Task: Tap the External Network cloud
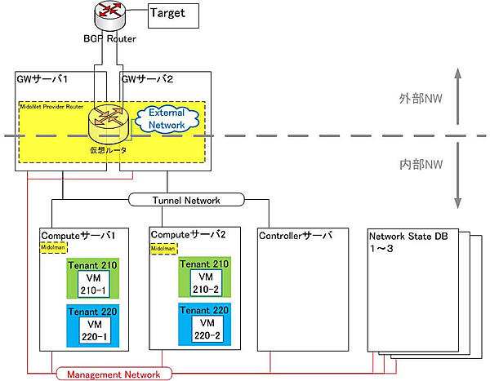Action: coord(168,120)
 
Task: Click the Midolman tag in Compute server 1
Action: coord(52,246)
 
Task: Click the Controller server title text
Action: coord(295,235)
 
